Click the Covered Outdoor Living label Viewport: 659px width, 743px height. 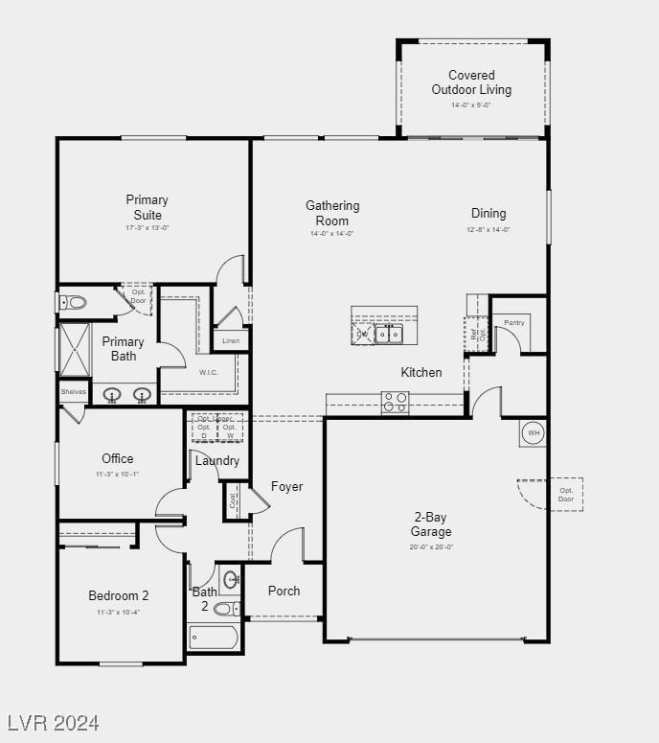[471, 82]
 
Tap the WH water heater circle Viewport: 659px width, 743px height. [533, 432]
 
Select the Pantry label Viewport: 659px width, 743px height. [514, 323]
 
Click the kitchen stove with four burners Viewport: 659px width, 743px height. [396, 403]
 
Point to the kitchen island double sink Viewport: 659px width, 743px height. [388, 334]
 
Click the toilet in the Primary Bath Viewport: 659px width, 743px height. [74, 303]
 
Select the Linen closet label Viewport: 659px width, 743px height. [231, 340]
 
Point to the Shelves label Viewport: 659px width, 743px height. [74, 392]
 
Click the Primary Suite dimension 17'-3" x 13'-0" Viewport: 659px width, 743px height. [147, 228]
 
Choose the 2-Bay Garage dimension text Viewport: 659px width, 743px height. [431, 546]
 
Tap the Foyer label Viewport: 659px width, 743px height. [286, 487]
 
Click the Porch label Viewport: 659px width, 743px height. [284, 592]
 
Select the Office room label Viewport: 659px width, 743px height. [118, 458]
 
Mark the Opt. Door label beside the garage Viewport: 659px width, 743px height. [566, 495]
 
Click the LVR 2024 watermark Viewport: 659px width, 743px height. [53, 722]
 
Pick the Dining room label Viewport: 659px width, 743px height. [489, 214]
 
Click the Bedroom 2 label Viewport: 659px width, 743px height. [119, 595]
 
